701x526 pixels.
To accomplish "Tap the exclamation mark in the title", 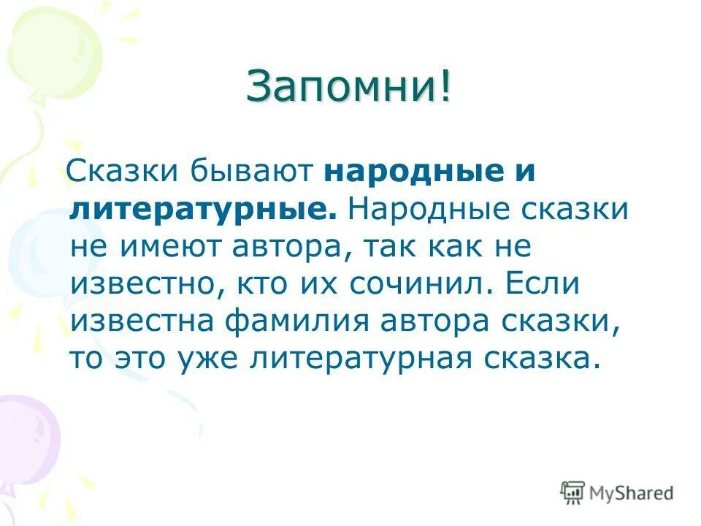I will click(x=445, y=88).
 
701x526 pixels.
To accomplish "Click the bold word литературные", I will click(x=204, y=210).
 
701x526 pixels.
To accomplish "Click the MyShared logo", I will click(x=616, y=492).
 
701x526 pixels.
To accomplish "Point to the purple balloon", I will click(x=26, y=438).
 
